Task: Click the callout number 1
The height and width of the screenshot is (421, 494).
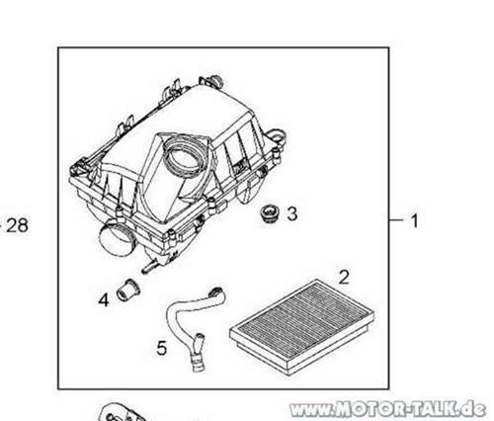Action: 415,220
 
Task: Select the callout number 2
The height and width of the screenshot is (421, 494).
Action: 344,277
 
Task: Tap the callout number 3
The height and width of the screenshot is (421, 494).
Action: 292,213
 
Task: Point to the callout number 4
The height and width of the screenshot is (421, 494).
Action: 104,300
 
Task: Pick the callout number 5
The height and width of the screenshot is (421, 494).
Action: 162,348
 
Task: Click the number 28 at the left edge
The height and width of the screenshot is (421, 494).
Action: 17,225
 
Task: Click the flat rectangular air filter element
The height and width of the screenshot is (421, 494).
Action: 302,327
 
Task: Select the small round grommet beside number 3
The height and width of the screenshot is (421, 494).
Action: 270,214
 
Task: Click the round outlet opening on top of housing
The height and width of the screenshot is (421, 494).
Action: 184,159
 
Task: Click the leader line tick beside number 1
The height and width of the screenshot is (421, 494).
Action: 396,219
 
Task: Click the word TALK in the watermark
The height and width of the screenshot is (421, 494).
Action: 434,409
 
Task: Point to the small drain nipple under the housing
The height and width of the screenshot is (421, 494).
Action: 150,267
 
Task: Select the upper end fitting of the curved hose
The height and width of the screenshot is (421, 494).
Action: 217,293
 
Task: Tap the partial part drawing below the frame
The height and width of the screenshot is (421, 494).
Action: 122,413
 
